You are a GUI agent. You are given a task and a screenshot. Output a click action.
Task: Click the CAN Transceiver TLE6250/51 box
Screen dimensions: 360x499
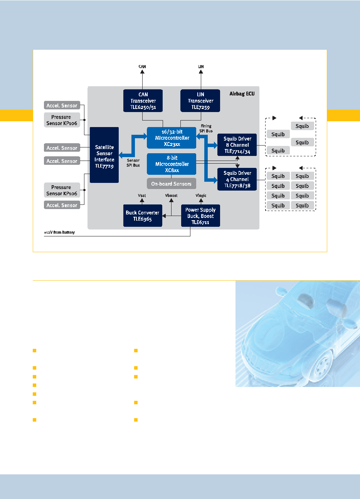(143, 101)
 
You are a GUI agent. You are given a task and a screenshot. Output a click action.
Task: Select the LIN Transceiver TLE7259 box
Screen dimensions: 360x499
(200, 101)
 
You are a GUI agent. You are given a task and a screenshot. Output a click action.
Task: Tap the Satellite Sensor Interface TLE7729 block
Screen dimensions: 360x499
(104, 155)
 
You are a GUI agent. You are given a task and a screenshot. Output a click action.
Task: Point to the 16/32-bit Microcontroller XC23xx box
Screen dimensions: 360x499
(172, 138)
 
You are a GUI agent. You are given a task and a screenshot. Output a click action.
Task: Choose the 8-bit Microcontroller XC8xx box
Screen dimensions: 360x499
(172, 164)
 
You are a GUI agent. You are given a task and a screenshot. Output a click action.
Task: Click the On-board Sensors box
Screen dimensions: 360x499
(172, 184)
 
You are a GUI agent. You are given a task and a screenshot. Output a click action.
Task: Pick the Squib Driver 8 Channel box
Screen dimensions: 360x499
(237, 145)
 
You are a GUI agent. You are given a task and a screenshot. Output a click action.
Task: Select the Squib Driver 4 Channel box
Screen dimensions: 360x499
(237, 179)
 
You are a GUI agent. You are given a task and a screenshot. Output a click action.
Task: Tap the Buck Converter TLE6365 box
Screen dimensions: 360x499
(143, 216)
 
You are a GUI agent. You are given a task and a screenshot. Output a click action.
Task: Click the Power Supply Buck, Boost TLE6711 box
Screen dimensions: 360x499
(200, 216)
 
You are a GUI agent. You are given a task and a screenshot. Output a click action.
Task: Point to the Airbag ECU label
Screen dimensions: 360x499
(242, 94)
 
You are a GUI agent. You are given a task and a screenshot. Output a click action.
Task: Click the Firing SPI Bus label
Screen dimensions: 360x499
(206, 129)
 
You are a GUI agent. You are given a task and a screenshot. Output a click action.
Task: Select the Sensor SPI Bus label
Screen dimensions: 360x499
(133, 163)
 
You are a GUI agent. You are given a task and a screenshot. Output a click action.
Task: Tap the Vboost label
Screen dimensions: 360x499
(171, 196)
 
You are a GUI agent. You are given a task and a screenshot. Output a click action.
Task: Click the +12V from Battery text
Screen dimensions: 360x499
(59, 232)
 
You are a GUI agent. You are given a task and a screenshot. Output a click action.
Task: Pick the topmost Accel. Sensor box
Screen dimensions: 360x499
(62, 105)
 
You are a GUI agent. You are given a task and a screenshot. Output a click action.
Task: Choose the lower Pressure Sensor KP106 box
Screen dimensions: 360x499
(62, 190)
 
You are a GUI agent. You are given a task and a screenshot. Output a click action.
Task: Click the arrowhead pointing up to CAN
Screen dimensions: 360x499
(142, 72)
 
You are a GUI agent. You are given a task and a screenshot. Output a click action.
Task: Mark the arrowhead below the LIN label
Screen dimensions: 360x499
(201, 72)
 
